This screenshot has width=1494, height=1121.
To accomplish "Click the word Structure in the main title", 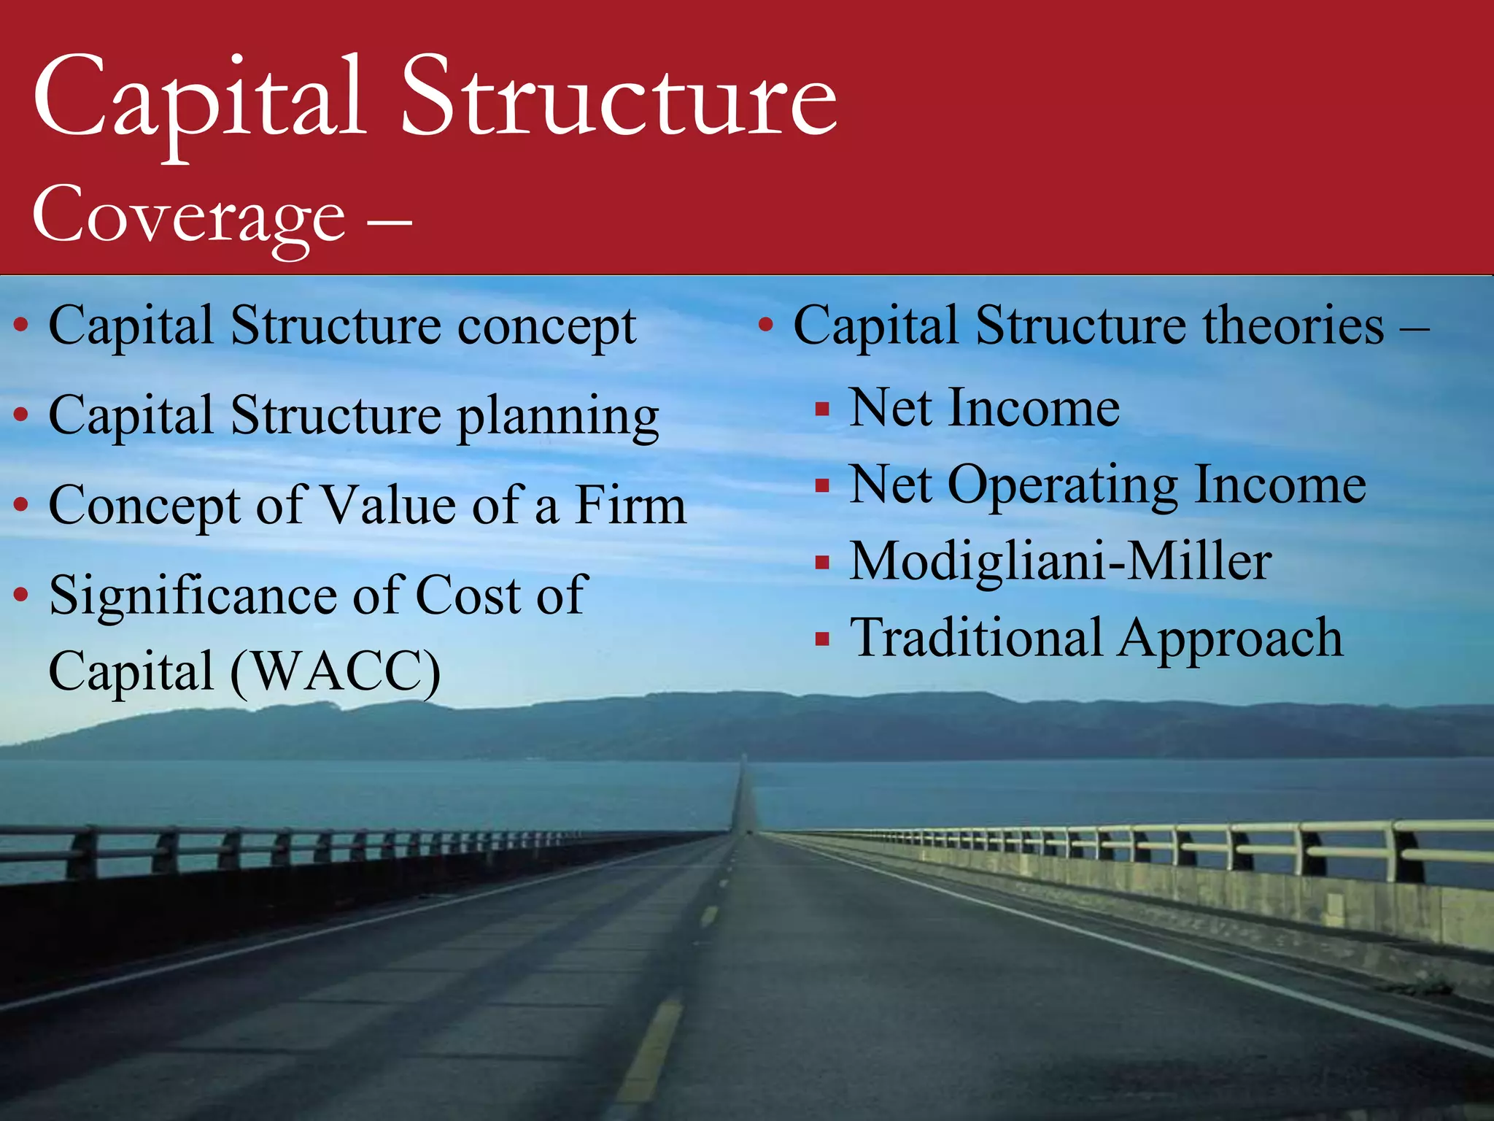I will tap(619, 99).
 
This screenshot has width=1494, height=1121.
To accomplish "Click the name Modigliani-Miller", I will tap(1061, 562).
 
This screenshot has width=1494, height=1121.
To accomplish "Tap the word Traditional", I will tap(976, 638).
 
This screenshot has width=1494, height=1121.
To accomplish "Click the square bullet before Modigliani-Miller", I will tap(822, 563).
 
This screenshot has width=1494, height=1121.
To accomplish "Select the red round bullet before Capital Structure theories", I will tap(765, 325).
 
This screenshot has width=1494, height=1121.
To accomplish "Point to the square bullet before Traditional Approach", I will tap(822, 640).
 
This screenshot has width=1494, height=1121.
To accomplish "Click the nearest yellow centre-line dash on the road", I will tap(649, 1051).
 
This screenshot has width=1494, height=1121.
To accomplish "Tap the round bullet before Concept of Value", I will tap(21, 505).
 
